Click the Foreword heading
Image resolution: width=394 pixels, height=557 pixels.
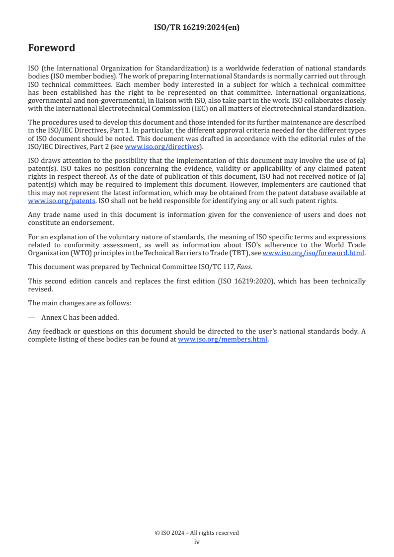[x=52, y=48]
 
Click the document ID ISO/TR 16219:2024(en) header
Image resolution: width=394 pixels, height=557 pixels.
[x=197, y=27]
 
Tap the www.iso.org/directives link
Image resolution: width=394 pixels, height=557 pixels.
[x=162, y=146]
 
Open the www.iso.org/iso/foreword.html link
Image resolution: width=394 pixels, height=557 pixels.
[x=314, y=253]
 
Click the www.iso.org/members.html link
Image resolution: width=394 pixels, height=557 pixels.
[x=223, y=340]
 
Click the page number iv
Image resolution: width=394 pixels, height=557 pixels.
[x=197, y=542]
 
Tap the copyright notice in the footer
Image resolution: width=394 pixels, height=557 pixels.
[x=197, y=533]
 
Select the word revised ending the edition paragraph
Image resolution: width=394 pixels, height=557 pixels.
[x=40, y=288]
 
